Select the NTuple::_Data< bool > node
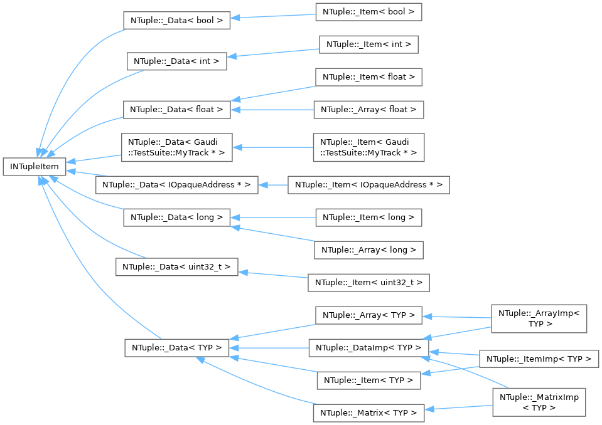click(176, 19)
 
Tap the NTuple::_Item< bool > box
click(368, 12)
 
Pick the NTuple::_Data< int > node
click(176, 61)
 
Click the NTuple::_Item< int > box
click(368, 45)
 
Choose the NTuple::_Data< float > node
click(176, 109)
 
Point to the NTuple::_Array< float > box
click(368, 109)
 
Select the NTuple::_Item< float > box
click(368, 77)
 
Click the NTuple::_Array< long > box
click(368, 249)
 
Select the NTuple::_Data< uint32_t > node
click(176, 266)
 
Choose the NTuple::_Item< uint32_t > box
click(368, 283)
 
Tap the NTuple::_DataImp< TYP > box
click(368, 347)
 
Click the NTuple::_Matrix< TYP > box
click(368, 412)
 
